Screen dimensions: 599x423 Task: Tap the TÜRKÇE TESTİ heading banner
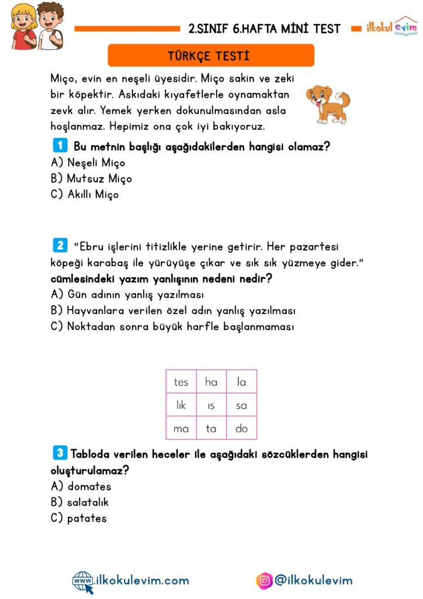(x=211, y=56)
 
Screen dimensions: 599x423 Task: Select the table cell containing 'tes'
(x=181, y=383)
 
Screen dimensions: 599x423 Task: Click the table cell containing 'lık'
(x=181, y=405)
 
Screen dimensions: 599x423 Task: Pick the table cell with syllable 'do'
(x=241, y=429)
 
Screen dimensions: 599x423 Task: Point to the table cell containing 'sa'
(x=241, y=405)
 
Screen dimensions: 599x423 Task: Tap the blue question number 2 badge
(x=59, y=245)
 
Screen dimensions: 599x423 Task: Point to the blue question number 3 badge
(x=59, y=452)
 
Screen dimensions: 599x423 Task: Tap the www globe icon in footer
(x=82, y=581)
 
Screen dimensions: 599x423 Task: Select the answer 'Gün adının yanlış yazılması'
(x=127, y=295)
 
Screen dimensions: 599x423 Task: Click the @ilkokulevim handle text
(x=313, y=580)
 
